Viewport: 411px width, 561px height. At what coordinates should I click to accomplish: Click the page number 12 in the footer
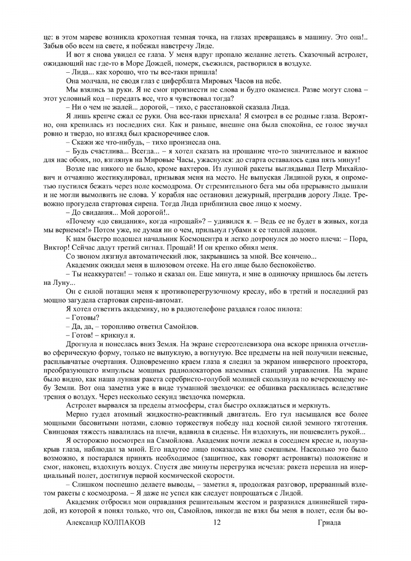(x=217, y=522)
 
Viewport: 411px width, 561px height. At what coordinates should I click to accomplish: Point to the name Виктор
(x=54, y=247)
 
